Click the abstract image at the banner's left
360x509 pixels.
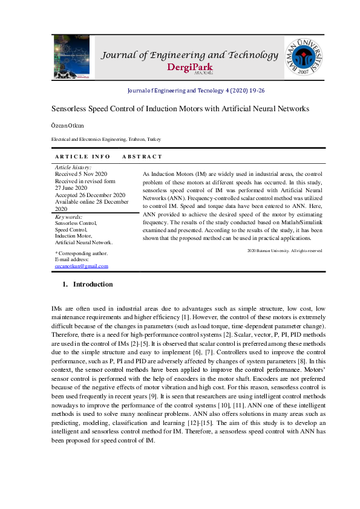(71, 57)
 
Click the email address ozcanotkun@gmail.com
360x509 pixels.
(82, 266)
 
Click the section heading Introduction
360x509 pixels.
(93, 284)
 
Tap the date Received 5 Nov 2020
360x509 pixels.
(81, 173)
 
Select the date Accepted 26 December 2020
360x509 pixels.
(90, 195)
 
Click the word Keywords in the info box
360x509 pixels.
(68, 216)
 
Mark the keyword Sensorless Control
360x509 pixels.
(76, 223)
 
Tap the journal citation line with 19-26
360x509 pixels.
(195, 90)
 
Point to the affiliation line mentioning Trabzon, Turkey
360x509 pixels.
(106, 140)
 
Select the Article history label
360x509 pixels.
(73, 167)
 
